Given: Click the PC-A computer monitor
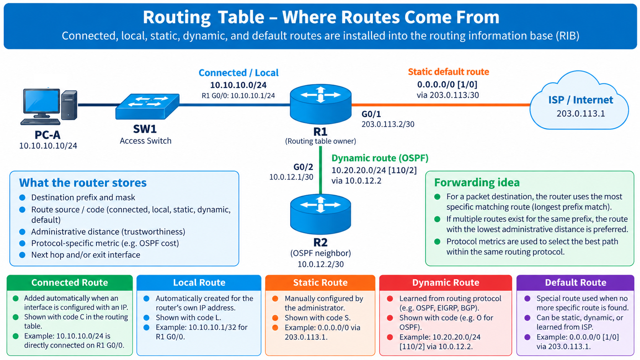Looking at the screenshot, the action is coord(41,103).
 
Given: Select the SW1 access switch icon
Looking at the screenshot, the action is coord(147,106).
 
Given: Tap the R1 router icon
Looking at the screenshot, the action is coord(320,104).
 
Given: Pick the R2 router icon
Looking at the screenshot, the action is coord(320,214).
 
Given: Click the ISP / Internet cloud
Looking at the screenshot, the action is coord(580,101).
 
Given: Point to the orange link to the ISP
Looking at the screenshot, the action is coord(441,105).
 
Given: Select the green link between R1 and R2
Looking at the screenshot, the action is coord(320,171).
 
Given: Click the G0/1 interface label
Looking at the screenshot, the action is coord(371,114).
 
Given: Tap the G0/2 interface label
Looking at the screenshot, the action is coord(304,167).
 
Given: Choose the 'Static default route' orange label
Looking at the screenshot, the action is coord(448,72).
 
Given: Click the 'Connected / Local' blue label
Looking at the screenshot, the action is coord(238,73).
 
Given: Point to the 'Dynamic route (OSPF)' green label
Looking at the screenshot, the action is coord(380,158).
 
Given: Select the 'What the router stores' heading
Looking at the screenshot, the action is coord(83,183).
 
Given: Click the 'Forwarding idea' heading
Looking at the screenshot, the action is coord(477,182).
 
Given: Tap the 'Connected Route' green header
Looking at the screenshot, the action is coord(70,283).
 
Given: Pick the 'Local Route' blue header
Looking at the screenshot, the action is coord(199,283).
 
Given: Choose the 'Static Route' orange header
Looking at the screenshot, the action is coord(320,283).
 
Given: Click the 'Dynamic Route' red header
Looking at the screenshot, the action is coord(446,283).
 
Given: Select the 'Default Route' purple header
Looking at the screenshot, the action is coord(575,283).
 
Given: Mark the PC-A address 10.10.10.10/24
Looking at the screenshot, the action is coord(48,146).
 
